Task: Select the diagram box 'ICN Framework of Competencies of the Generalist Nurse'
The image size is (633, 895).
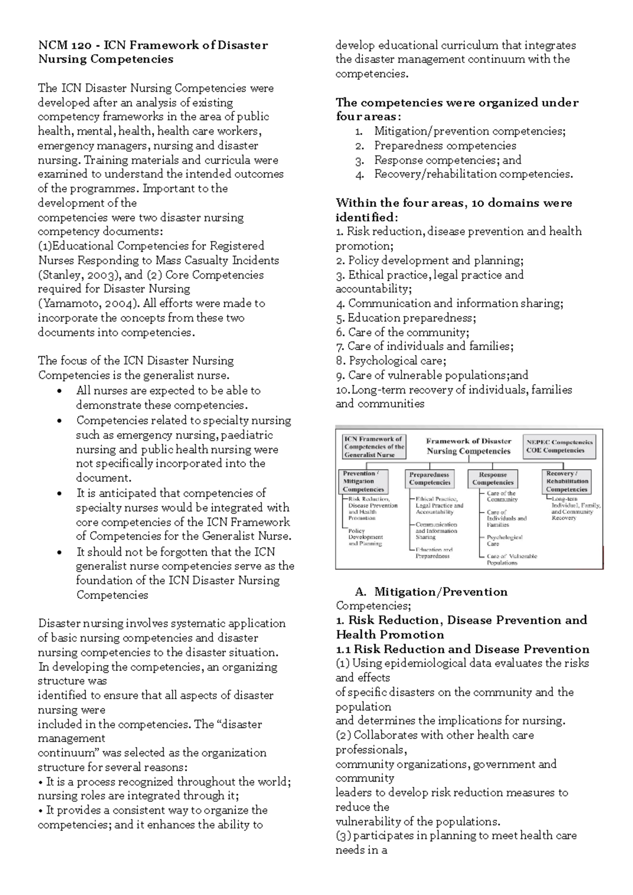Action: pos(374,446)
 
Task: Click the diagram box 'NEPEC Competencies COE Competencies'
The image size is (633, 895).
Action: pos(559,446)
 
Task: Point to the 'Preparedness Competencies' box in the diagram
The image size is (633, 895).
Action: pos(429,479)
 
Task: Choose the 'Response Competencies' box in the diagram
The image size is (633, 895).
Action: pos(493,479)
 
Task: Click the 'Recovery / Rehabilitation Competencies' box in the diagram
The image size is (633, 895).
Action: pos(567,481)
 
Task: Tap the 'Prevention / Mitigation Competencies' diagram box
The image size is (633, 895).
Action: pos(363,481)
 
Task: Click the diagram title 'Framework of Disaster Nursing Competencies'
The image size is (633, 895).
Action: pos(468,446)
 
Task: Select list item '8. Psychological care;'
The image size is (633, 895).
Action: pos(391,361)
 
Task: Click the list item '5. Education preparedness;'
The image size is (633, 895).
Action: pos(406,318)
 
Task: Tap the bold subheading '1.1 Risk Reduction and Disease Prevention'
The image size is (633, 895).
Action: pos(462,649)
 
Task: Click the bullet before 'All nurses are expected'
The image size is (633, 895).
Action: pos(63,391)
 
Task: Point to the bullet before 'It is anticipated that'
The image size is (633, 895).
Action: pos(63,493)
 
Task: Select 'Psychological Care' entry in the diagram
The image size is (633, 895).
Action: pos(504,540)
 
